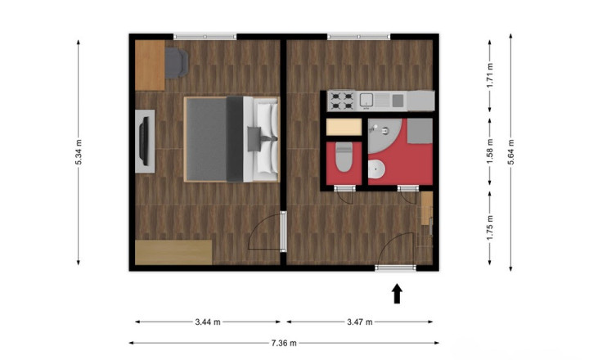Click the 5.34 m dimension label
79,152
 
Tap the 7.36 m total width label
284,343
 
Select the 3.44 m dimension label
208,322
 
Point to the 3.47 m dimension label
360,322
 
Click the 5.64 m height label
510,152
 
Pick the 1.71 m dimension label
490,75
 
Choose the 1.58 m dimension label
490,152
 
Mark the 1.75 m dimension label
490,227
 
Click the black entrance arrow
397,294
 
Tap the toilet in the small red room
344,157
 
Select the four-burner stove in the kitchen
341,101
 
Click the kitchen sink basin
366,100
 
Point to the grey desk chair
177,63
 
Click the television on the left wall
145,141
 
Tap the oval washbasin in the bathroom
376,170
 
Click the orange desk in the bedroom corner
150,65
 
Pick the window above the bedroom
205,37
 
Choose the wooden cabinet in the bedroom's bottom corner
173,252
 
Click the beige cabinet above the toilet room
344,128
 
